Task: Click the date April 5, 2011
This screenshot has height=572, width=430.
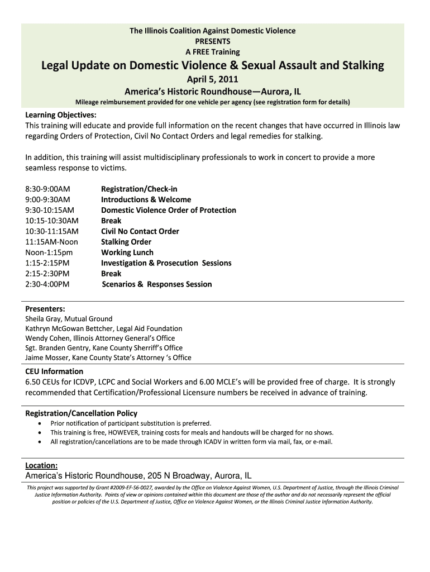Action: coord(212,79)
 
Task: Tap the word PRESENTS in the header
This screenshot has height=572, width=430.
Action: coord(213,41)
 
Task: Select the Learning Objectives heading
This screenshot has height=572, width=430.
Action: coord(61,115)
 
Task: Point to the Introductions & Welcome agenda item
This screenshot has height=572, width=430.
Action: coord(146,199)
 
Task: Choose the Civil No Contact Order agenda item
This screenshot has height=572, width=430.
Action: coord(140,231)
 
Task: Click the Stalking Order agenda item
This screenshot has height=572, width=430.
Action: coord(126,242)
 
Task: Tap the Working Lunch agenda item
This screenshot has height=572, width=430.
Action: coord(127,252)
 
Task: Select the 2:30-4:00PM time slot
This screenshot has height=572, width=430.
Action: coord(47,284)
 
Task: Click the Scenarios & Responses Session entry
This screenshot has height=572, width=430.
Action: coord(157,284)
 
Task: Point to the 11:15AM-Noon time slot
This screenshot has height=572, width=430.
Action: coord(51,242)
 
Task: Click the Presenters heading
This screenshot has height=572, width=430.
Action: coord(45,309)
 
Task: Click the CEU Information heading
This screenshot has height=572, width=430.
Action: coord(54,371)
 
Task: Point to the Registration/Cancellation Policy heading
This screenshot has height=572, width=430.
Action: coord(82,413)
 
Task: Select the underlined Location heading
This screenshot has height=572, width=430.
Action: coord(41,465)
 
